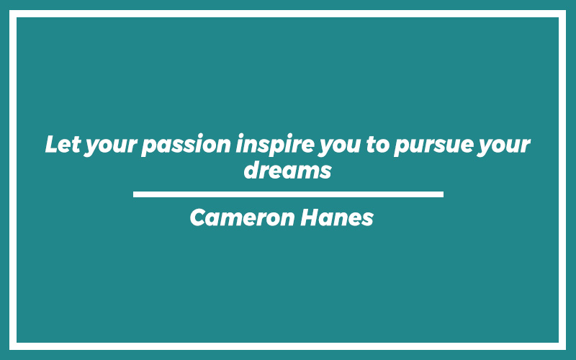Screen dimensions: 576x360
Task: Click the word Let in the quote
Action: [x=63, y=144]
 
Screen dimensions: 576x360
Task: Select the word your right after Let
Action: [x=111, y=146]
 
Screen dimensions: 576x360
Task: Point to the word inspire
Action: [x=275, y=145]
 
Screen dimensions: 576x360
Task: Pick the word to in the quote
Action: [x=377, y=145]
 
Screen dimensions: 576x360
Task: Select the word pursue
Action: [x=433, y=146]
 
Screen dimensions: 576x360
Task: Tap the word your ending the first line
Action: [x=503, y=146]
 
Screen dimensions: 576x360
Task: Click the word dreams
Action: [x=287, y=170]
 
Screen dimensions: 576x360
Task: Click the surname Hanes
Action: [x=337, y=217]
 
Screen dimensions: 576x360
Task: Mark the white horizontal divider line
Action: [x=288, y=194]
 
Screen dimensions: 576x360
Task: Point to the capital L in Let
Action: [x=52, y=144]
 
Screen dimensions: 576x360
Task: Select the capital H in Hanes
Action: [x=310, y=217]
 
